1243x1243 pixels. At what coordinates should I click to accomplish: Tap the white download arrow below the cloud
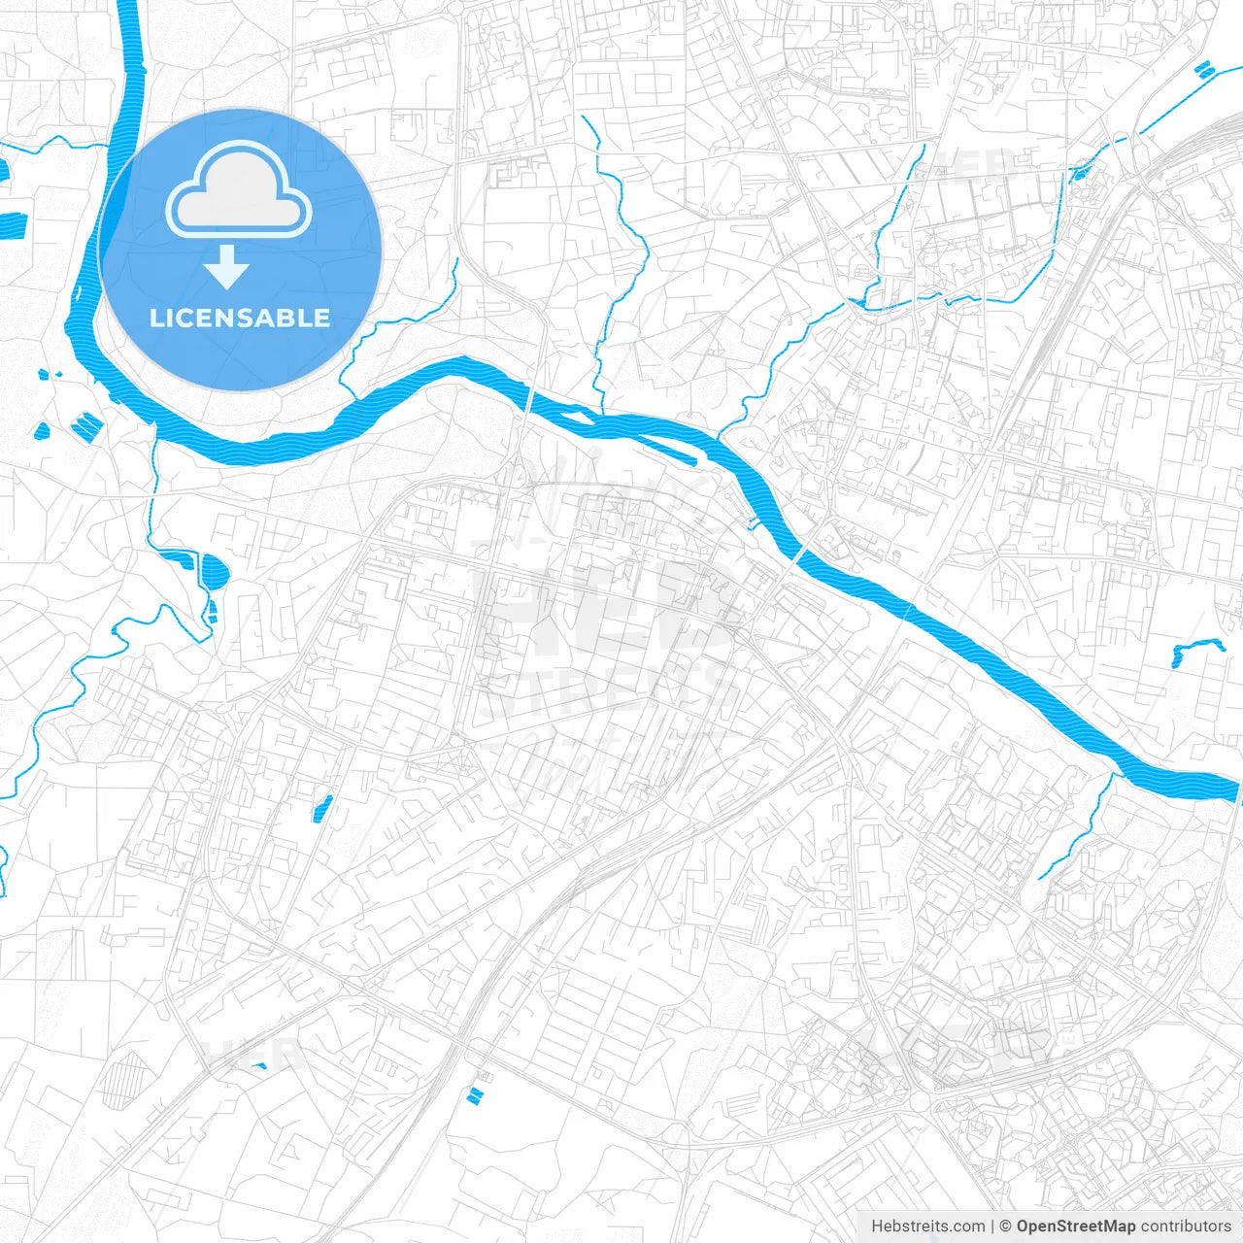(226, 267)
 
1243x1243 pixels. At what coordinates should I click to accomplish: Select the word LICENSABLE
(240, 318)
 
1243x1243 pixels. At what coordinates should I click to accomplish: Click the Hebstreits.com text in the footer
(927, 1226)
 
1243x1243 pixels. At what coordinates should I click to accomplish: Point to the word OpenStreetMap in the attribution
(1075, 1226)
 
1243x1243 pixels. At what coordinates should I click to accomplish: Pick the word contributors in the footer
(1186, 1226)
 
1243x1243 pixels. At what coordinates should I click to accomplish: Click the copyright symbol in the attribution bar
(1006, 1226)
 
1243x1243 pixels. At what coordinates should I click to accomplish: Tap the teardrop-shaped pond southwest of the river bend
(215, 571)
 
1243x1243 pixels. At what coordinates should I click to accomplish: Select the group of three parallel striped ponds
(85, 424)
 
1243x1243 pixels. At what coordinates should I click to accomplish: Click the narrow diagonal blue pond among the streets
(322, 808)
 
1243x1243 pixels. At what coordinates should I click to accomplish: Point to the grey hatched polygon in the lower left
(123, 1080)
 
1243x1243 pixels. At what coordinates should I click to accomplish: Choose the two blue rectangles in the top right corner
(1203, 69)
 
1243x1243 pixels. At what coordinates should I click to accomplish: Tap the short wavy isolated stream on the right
(1196, 648)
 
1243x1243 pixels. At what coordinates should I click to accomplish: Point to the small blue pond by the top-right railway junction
(1079, 174)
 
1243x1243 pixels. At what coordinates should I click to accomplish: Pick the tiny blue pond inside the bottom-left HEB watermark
(259, 1066)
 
